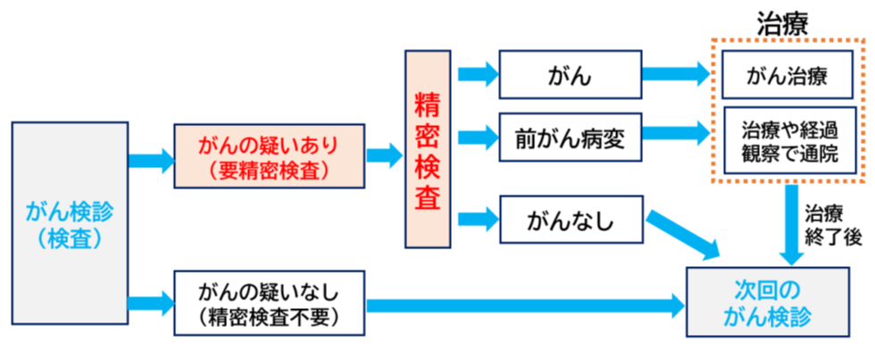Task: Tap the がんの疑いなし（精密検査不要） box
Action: (x=269, y=304)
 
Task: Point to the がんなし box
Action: (x=570, y=220)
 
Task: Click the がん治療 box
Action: (x=787, y=76)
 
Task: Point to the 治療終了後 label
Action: (x=833, y=224)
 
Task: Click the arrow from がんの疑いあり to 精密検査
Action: (x=385, y=155)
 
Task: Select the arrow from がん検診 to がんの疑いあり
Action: (x=151, y=161)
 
